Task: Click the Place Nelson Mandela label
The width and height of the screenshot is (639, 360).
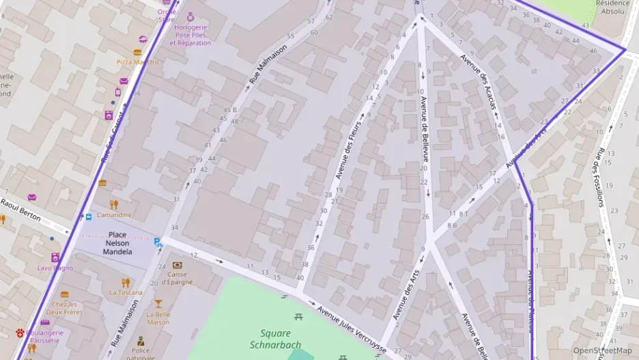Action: click(117, 243)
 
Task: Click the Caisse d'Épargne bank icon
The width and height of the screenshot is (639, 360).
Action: click(177, 265)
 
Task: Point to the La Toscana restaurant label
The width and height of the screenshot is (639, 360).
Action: click(125, 292)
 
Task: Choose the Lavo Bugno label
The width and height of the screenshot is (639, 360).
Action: click(55, 268)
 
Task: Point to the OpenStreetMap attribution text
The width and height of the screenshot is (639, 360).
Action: click(602, 350)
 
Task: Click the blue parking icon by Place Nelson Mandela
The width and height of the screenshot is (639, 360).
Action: click(158, 242)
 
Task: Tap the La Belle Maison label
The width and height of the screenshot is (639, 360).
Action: click(158, 318)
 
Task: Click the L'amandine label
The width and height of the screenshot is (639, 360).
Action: click(114, 215)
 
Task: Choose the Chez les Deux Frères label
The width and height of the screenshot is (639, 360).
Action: click(64, 307)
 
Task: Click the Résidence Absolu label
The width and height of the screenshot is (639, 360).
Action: click(612, 7)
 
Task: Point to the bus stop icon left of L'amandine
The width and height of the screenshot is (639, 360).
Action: click(89, 217)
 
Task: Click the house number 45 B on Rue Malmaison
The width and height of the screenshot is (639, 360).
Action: click(229, 110)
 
